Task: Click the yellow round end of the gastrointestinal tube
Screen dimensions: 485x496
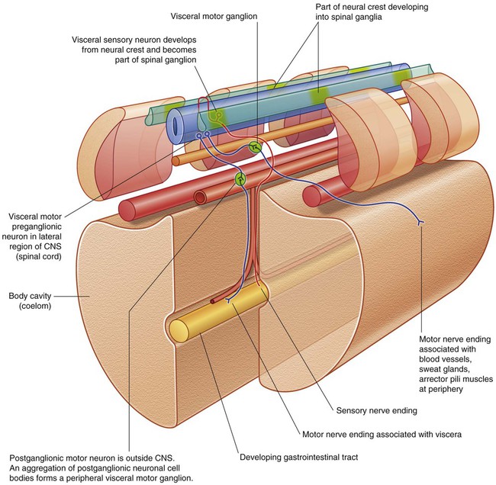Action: click(179, 329)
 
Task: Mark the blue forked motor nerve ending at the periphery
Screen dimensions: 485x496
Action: click(419, 222)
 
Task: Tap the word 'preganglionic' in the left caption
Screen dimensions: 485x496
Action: click(35, 226)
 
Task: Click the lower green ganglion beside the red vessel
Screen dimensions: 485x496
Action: click(241, 179)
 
